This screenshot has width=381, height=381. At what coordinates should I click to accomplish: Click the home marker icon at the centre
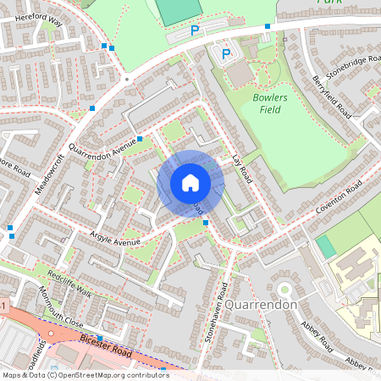[x=190, y=183]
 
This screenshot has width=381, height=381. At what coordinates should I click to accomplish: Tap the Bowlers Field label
[x=270, y=103]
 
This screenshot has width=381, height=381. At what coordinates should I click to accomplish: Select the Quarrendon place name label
[x=261, y=304]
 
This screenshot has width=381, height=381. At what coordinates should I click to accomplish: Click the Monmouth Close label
[x=62, y=311]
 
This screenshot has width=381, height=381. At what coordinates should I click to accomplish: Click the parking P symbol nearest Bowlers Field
[x=226, y=54]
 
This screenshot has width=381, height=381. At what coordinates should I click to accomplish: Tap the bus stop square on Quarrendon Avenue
[x=139, y=138]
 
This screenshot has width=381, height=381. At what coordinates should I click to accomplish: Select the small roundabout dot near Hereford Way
[x=126, y=79]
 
